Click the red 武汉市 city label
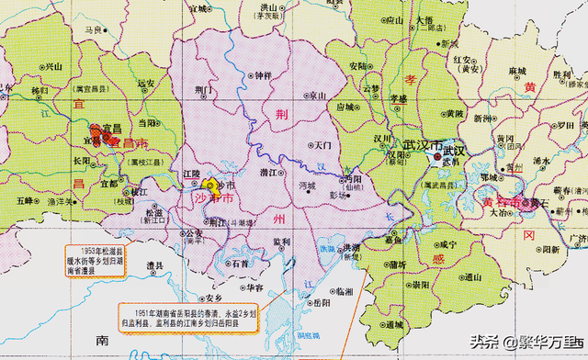[422, 146]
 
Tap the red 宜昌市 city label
[129, 143]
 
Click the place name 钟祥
[264, 74]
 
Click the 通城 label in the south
[395, 324]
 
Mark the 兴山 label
[54, 65]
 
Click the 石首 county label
[239, 263]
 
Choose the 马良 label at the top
[93, 29]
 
